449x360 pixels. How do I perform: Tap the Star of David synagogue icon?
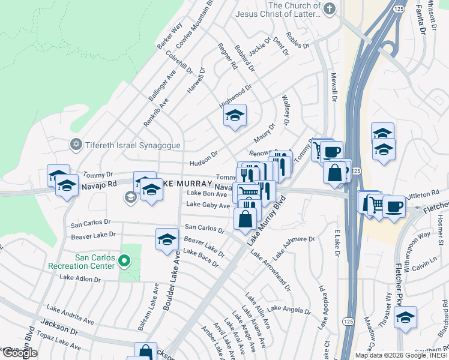click(x=76, y=145)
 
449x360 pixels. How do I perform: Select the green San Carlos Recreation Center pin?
click(x=124, y=261)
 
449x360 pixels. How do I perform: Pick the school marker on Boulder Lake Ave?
click(x=167, y=240)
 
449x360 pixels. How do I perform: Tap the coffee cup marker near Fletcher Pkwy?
click(x=394, y=207)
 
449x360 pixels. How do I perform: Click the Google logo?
click(x=20, y=353)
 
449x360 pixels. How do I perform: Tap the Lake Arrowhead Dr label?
click(x=270, y=271)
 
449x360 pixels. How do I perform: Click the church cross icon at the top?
click(x=330, y=8)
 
